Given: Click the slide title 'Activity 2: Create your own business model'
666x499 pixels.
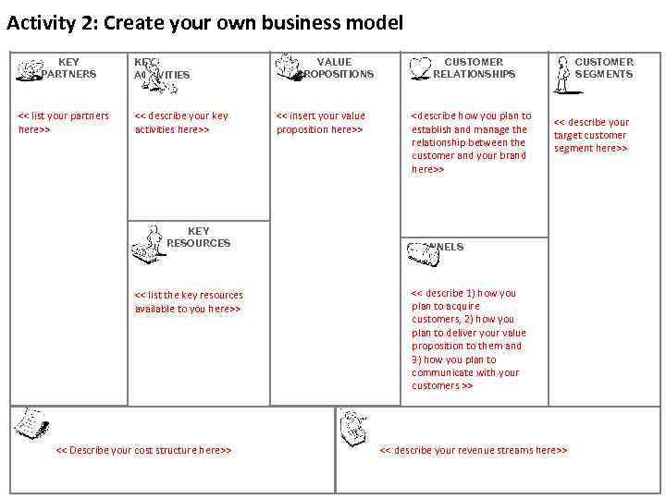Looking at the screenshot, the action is pyautogui.click(x=204, y=23).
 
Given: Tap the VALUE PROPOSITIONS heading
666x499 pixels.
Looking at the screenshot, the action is pyautogui.click(x=335, y=67).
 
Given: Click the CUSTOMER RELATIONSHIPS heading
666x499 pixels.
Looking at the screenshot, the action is pyautogui.click(x=474, y=67).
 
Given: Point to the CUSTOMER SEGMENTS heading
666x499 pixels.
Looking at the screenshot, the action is pyautogui.click(x=604, y=67).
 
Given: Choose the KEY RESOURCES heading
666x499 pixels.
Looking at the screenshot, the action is pyautogui.click(x=198, y=237).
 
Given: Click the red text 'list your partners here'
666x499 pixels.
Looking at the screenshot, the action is pyautogui.click(x=64, y=122).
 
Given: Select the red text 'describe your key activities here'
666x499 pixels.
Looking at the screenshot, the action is pyautogui.click(x=181, y=122).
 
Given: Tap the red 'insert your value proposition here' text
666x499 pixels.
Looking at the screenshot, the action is pyautogui.click(x=321, y=122).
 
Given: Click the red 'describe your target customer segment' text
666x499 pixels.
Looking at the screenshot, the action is pyautogui.click(x=591, y=135).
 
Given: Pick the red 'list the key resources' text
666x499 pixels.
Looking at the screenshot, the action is pyautogui.click(x=189, y=301).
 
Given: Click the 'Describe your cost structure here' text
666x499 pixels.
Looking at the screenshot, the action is pyautogui.click(x=143, y=450).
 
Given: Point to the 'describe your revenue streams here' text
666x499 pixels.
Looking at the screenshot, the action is pyautogui.click(x=474, y=450).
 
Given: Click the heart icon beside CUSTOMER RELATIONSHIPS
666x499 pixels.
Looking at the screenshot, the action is pyautogui.click(x=421, y=67).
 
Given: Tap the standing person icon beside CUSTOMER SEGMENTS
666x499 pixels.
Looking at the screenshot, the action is pyautogui.click(x=561, y=75).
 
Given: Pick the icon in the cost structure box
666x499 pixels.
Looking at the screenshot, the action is pyautogui.click(x=30, y=422).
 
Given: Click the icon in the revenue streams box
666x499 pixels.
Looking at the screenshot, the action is pyautogui.click(x=352, y=426).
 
